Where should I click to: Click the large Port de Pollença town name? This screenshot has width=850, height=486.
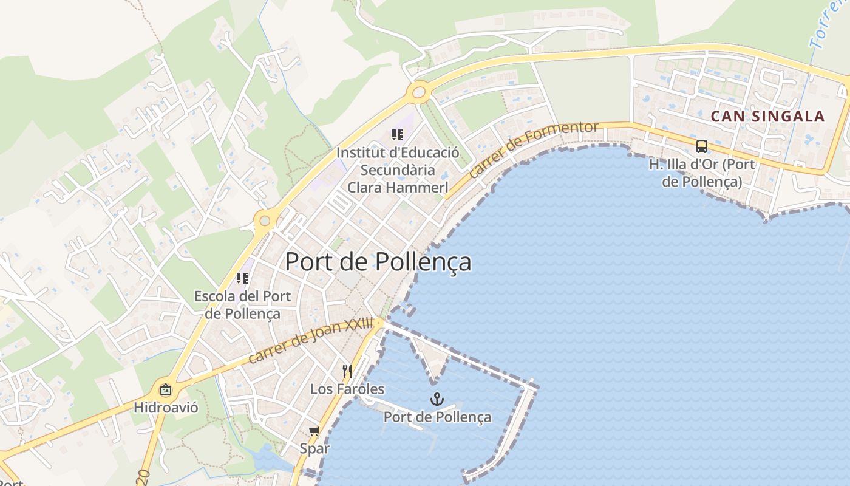pyautogui.click(x=378, y=262)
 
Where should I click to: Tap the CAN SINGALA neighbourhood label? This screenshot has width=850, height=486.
pyautogui.click(x=767, y=117)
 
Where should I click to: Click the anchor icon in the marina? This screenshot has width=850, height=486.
pyautogui.click(x=436, y=399)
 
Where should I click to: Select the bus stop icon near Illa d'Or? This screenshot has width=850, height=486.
pyautogui.click(x=701, y=146)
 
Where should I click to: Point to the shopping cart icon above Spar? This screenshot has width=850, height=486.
pyautogui.click(x=314, y=431)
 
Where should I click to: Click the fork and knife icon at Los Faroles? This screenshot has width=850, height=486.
pyautogui.click(x=347, y=371)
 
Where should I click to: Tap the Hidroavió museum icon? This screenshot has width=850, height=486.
pyautogui.click(x=165, y=390)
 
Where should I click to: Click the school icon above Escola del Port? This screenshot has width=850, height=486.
pyautogui.click(x=242, y=279)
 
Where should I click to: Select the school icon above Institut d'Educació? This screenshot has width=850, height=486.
pyautogui.click(x=398, y=135)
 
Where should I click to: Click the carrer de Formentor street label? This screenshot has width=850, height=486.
pyautogui.click(x=534, y=148)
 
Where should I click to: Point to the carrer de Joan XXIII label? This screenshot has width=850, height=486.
pyautogui.click(x=310, y=341)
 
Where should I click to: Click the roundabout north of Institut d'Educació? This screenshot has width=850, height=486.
pyautogui.click(x=418, y=92)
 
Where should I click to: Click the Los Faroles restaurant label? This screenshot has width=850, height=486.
pyautogui.click(x=347, y=389)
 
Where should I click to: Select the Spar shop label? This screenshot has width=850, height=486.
pyautogui.click(x=314, y=449)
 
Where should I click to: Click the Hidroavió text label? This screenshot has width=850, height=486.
pyautogui.click(x=166, y=407)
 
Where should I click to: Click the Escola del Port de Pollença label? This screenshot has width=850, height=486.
pyautogui.click(x=242, y=305)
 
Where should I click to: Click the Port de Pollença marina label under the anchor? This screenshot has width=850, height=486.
pyautogui.click(x=437, y=417)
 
